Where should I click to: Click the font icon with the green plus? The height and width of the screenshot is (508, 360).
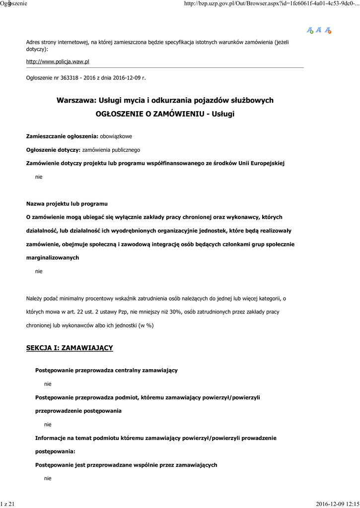(x=310, y=30)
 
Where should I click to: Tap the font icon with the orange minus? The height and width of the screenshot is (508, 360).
(x=328, y=30)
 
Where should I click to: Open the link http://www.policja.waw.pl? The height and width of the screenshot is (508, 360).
(x=58, y=62)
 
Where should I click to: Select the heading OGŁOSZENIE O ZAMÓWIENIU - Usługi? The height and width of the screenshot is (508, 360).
(x=165, y=114)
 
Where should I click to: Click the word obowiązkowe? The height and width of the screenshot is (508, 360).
(x=116, y=136)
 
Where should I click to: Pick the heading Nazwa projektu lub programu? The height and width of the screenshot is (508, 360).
(x=67, y=204)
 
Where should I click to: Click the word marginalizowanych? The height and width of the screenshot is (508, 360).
(x=52, y=258)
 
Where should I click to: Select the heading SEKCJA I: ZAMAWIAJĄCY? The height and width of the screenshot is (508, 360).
(x=70, y=348)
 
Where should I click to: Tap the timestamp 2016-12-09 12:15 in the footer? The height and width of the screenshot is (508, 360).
(x=337, y=504)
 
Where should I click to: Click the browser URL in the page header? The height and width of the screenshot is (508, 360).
(x=271, y=3)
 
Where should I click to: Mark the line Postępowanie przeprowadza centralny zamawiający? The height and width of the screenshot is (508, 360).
(x=106, y=371)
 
